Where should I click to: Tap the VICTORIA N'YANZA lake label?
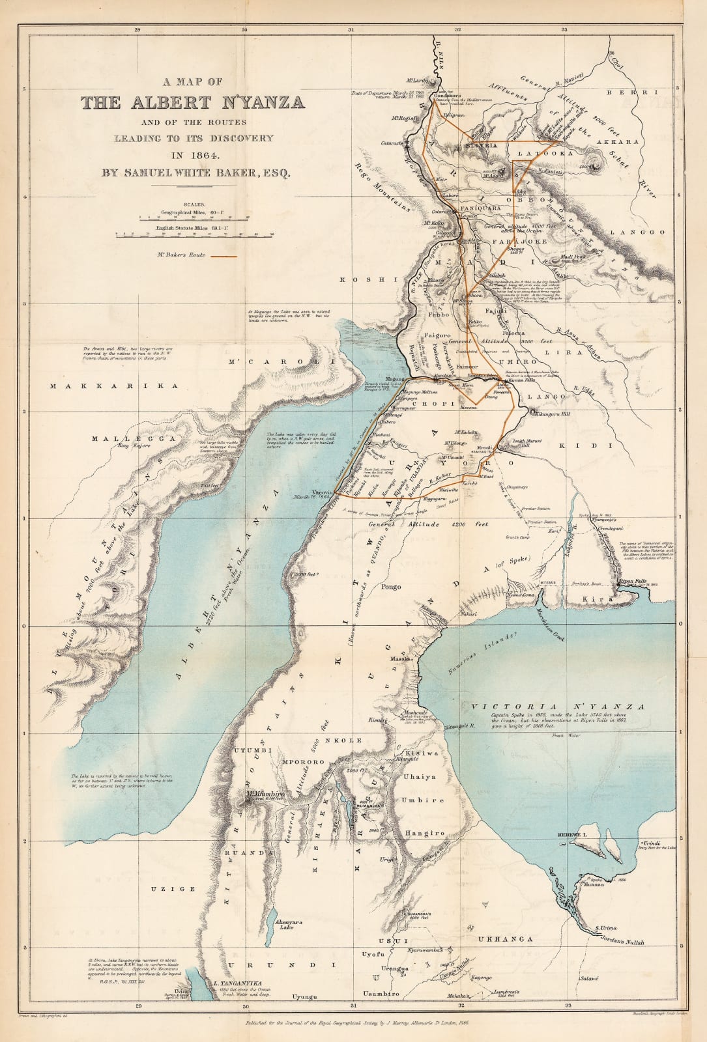(558, 707)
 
